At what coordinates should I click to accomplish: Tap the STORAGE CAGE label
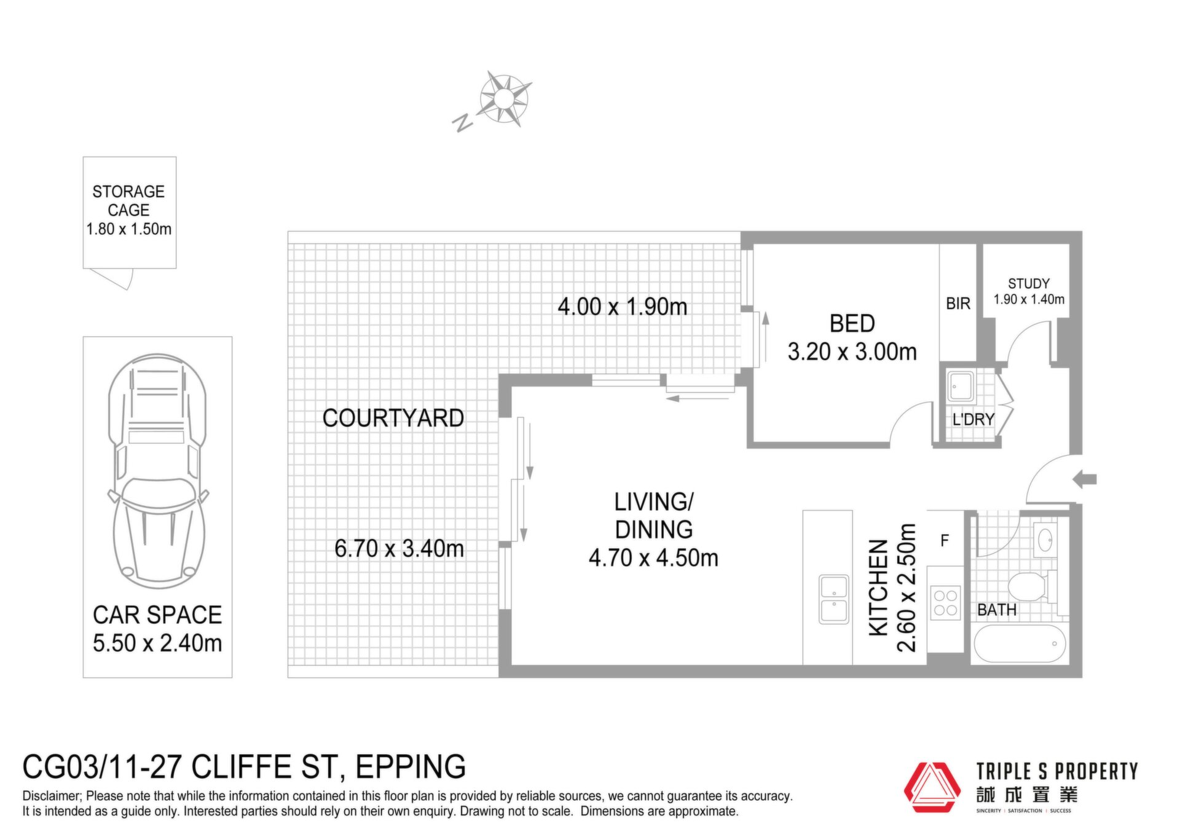(x=128, y=201)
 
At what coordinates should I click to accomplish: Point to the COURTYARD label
(x=393, y=419)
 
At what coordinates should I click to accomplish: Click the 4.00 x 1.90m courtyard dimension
(x=623, y=307)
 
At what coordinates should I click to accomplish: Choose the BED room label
(x=852, y=323)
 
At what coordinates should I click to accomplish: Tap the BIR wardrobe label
(x=958, y=304)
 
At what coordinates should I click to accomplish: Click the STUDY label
(x=1029, y=284)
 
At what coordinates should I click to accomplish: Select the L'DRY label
(x=974, y=420)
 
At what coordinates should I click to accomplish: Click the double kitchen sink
(x=834, y=599)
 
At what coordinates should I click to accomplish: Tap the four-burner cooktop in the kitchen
(x=945, y=602)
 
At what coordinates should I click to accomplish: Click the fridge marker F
(x=945, y=540)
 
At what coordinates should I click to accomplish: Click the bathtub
(x=1020, y=643)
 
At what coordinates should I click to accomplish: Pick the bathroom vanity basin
(x=1045, y=541)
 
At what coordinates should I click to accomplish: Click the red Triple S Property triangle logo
(x=932, y=787)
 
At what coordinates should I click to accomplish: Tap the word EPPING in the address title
(x=411, y=767)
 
